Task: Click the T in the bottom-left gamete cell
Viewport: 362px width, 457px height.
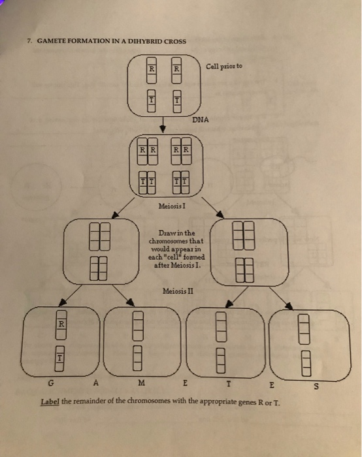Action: [x=59, y=356]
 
